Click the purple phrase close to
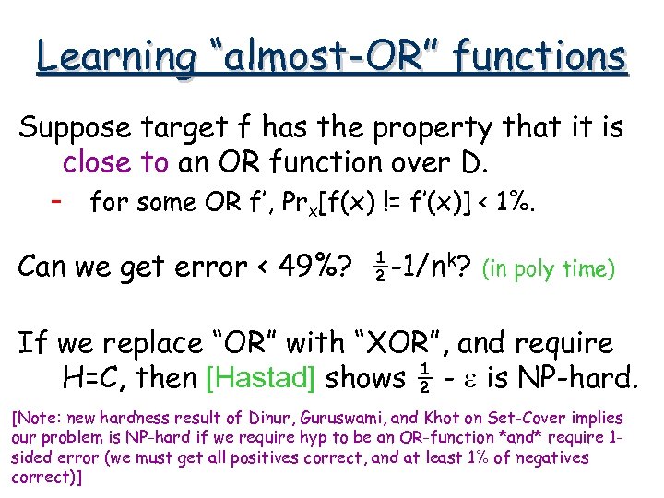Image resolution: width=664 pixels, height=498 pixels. point(115,163)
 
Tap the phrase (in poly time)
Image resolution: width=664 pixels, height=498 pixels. point(549,269)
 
